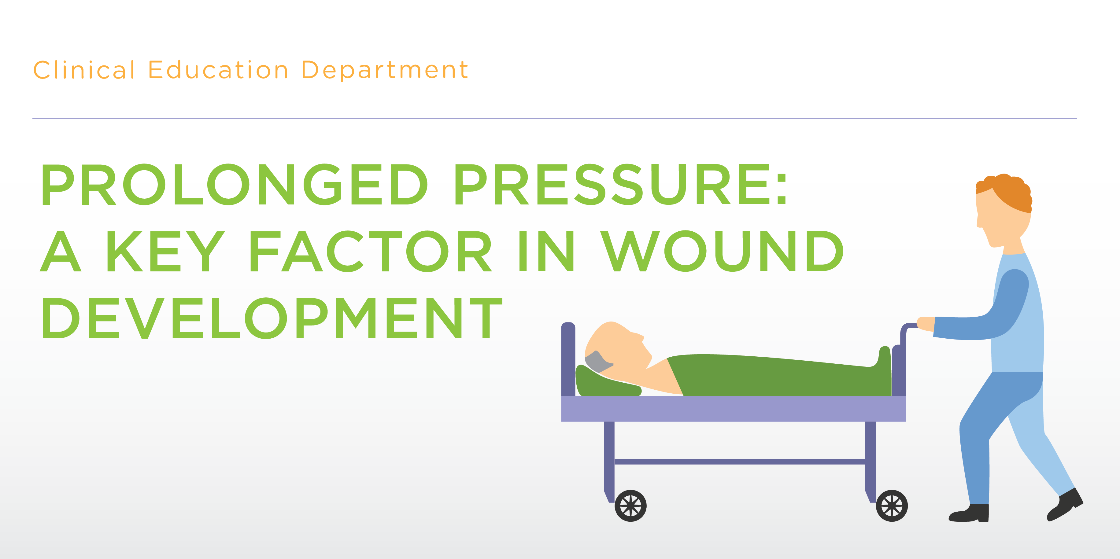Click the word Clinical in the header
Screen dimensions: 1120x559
point(84,70)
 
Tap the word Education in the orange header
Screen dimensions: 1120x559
point(218,70)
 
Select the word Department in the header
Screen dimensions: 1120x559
point(385,70)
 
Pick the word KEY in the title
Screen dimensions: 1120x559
point(166,251)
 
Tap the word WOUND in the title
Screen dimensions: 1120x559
point(722,251)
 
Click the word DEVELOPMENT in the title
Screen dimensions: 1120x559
point(272,318)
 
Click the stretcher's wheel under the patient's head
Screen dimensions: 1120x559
point(630,506)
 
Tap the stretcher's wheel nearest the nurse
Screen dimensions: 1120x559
point(891,506)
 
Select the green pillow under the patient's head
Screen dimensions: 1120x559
point(607,383)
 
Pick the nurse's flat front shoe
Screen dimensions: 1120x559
point(970,513)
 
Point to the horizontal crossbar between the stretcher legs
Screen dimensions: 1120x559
point(740,462)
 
